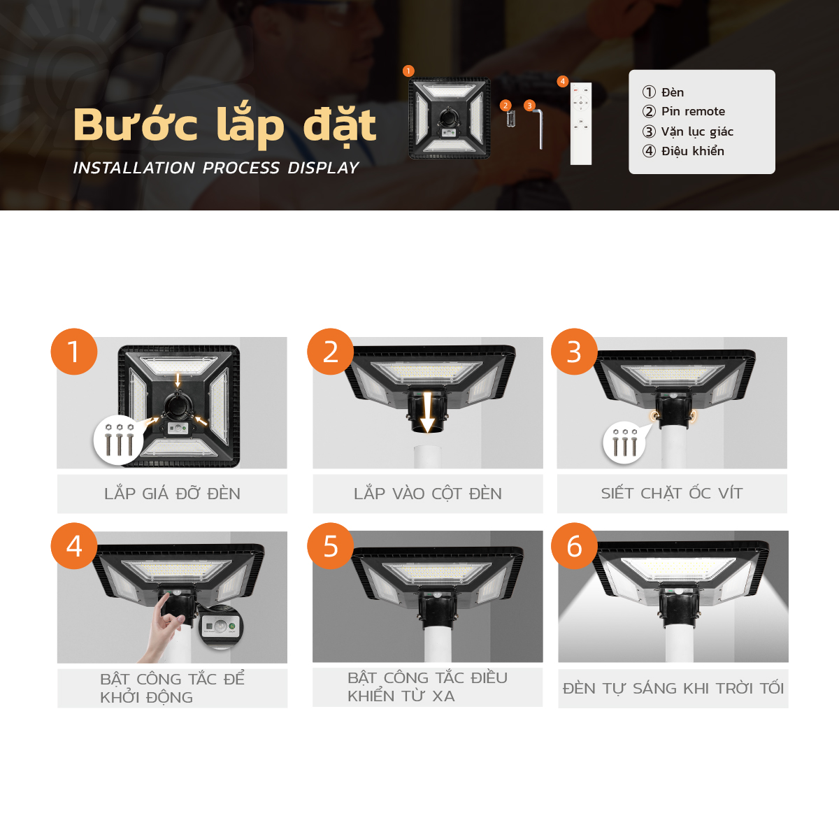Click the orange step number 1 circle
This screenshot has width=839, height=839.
coord(74,352)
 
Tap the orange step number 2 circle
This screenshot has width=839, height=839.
coord(331,352)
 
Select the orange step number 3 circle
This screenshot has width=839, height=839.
coord(574,352)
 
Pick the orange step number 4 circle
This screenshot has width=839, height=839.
coord(74,545)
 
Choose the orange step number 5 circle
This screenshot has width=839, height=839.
coord(331,545)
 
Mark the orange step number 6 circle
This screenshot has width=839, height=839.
coord(574,545)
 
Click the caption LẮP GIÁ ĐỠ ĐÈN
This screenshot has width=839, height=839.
coord(173,493)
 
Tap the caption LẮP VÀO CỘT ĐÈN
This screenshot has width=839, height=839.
coord(428,494)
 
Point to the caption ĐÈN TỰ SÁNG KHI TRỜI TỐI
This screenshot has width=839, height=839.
coord(673,688)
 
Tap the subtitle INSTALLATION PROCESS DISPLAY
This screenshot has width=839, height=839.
coord(216,168)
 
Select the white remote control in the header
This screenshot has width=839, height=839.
coord(581,124)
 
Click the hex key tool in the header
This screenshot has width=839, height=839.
coord(538,129)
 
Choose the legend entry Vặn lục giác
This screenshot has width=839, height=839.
coord(688,131)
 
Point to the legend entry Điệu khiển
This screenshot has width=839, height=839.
coord(683,151)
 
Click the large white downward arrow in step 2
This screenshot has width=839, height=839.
coord(428,412)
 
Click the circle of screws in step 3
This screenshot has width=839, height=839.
coord(624,443)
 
